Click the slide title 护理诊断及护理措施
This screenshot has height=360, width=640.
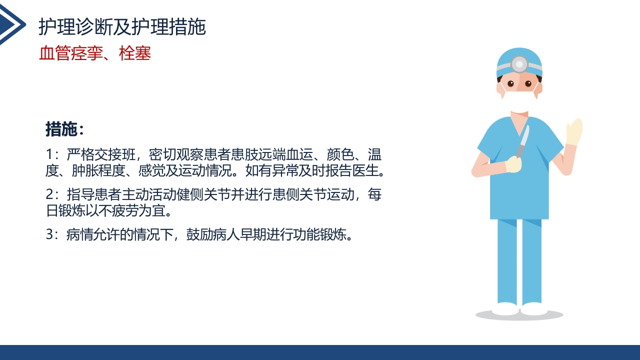pyautogui.click(x=122, y=27)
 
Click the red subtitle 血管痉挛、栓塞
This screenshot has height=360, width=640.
pyautogui.click(x=95, y=53)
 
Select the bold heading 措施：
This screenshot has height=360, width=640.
pyautogui.click(x=65, y=129)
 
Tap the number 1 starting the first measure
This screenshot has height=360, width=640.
pyautogui.click(x=49, y=154)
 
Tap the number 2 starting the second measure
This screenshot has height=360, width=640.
pyautogui.click(x=49, y=195)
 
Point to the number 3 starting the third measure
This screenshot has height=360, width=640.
pyautogui.click(x=49, y=235)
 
